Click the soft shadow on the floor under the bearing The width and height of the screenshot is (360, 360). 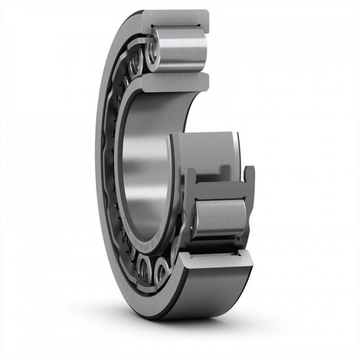tap(196, 327)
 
